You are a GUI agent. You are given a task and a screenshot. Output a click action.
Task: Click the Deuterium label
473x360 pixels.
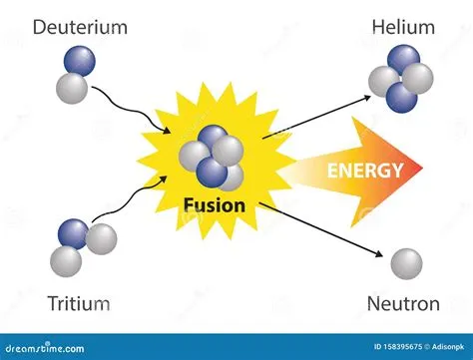point(80,27)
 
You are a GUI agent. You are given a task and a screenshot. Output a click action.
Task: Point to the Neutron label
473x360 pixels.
point(404,303)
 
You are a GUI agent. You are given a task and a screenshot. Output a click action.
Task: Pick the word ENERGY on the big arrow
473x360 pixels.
point(365,170)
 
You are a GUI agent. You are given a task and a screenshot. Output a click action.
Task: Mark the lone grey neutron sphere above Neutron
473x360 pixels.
point(404,263)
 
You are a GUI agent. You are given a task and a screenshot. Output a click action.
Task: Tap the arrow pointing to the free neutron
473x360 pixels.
point(319,230)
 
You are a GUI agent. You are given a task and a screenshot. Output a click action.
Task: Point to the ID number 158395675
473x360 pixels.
point(378,348)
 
